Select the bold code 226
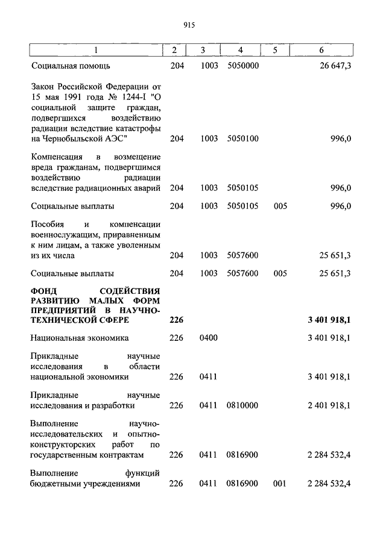click(x=176, y=320)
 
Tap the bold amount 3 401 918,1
click(x=329, y=320)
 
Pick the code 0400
click(x=208, y=338)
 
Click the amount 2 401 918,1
click(x=329, y=405)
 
